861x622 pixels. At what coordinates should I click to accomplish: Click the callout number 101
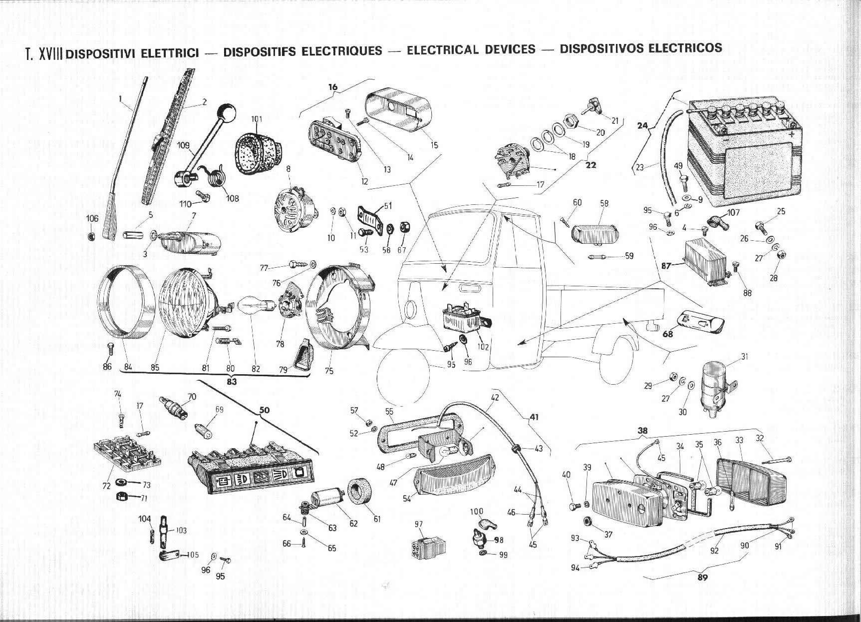coord(257,119)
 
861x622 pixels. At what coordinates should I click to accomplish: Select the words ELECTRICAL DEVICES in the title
coord(471,49)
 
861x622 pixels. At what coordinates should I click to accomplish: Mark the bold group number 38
coord(642,430)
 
